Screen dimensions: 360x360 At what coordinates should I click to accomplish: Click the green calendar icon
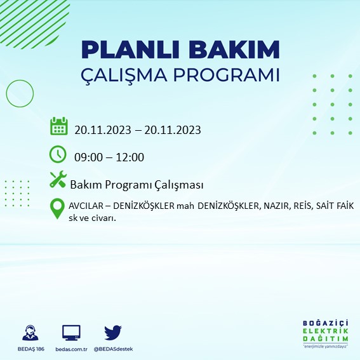[58, 126]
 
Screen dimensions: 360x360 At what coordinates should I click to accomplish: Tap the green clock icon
[58, 154]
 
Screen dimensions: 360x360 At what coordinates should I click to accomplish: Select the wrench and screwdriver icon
[58, 180]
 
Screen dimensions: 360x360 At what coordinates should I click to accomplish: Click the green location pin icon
[58, 208]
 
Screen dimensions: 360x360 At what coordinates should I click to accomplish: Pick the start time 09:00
[88, 157]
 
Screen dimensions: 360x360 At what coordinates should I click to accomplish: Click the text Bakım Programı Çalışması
[137, 185]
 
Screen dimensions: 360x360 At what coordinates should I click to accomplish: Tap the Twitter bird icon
[112, 332]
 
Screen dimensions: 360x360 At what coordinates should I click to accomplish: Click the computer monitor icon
[71, 333]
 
